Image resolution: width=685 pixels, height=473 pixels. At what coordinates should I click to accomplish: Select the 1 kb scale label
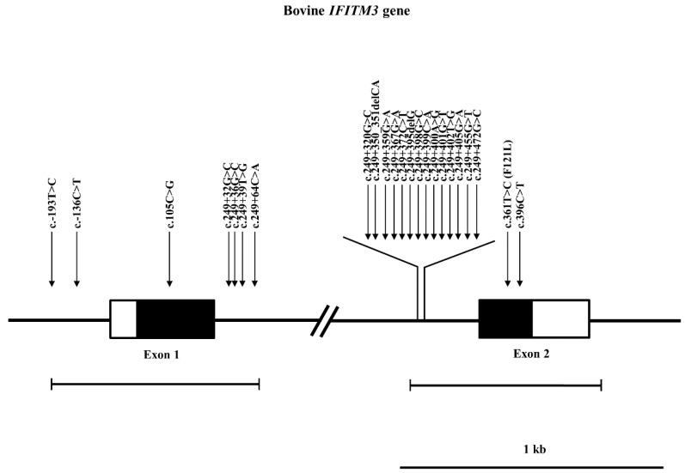[x=535, y=448]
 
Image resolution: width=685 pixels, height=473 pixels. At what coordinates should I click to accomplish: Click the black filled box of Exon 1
[x=175, y=318]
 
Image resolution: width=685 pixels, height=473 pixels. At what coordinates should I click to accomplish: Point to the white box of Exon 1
[x=123, y=318]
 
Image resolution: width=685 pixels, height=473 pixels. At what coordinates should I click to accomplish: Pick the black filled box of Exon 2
[x=505, y=318]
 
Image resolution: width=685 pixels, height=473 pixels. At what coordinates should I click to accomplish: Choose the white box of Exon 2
[x=560, y=318]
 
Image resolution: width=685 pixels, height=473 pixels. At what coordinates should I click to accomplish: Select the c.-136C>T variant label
[x=77, y=205]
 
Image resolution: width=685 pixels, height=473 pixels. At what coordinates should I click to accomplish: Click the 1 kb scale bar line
[x=531, y=466]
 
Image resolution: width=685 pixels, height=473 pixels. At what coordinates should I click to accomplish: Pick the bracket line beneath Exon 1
[x=155, y=384]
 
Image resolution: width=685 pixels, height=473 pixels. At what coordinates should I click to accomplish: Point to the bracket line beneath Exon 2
[x=505, y=385]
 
